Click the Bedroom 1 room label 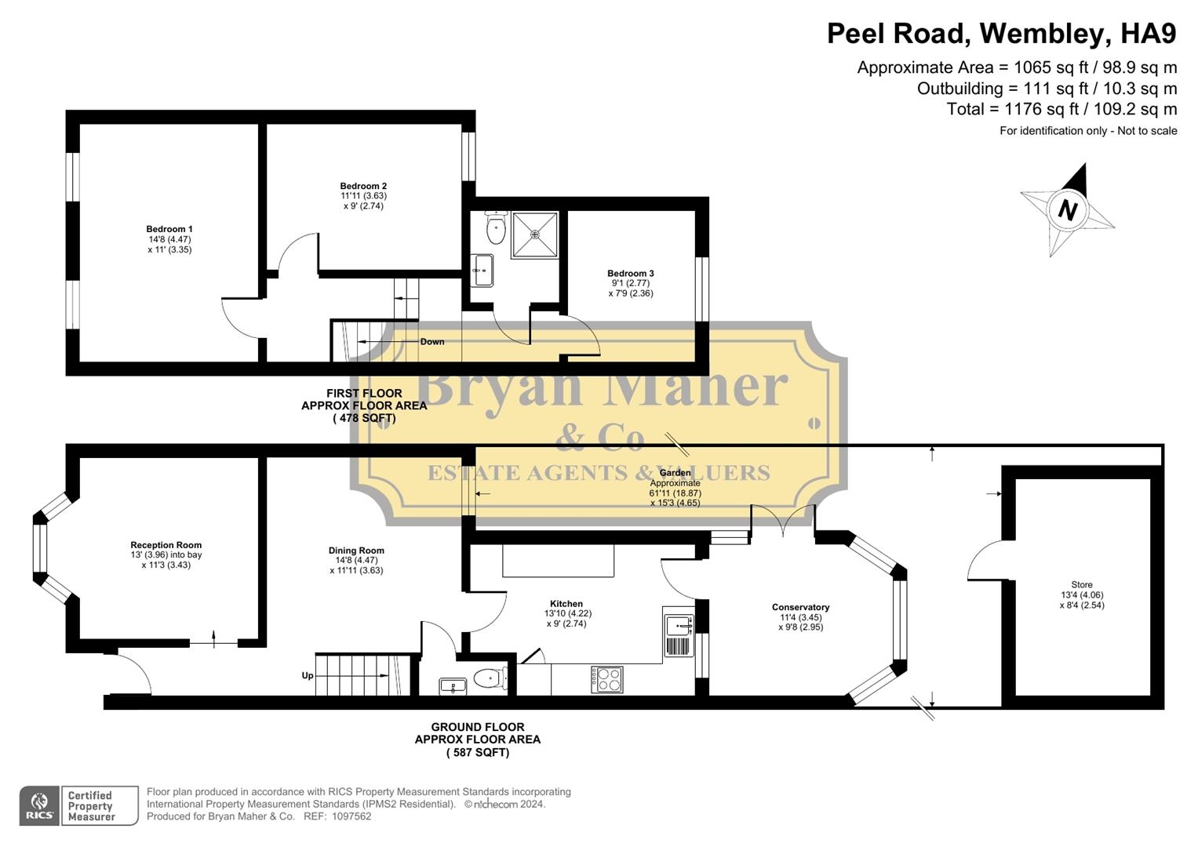[x=169, y=230]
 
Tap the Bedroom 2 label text [x=363, y=187]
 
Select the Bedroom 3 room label [x=630, y=274]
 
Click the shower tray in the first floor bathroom [x=535, y=234]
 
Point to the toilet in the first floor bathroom [x=495, y=228]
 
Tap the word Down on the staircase [x=431, y=342]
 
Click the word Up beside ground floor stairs [x=308, y=676]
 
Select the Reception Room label [x=166, y=545]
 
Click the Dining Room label [x=356, y=551]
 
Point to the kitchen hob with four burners [x=606, y=679]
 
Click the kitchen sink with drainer [x=679, y=626]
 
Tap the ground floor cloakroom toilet [x=490, y=678]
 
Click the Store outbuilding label [x=1081, y=585]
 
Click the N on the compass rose [x=1067, y=210]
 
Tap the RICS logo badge [x=39, y=805]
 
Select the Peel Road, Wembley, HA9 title [x=1002, y=34]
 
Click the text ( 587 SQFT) [x=478, y=753]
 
